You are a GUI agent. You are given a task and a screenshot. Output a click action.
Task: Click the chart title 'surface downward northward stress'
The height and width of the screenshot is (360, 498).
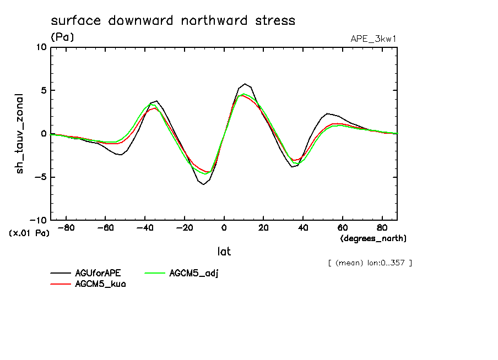coord(173,21)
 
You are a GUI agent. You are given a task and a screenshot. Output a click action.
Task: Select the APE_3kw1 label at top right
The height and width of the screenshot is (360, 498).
coord(373,39)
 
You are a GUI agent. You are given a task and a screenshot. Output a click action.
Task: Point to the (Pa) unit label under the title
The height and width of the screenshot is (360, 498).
coord(62,37)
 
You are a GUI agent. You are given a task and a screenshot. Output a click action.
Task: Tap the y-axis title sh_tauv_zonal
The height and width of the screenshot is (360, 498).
coord(20,133)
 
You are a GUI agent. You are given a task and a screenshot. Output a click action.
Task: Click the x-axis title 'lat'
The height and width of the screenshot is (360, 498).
coord(224,252)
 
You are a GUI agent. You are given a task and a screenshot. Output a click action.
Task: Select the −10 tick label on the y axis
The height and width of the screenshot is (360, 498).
coord(39,220)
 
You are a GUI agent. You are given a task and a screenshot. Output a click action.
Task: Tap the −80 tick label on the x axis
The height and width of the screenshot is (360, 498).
coord(67,227)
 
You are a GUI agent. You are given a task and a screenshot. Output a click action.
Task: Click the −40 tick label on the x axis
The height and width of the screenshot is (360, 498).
coord(145,227)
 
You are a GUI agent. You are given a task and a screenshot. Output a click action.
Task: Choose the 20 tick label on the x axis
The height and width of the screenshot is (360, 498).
coord(263,227)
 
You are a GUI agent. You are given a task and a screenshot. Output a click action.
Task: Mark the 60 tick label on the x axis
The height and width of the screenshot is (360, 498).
coord(342,227)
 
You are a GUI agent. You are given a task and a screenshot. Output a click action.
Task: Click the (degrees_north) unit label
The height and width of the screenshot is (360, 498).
coord(373,238)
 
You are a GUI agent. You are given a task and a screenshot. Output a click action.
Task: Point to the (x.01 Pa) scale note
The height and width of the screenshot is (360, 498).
coord(29,233)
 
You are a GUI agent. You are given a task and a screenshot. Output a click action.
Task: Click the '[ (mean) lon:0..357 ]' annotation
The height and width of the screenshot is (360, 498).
coord(369,263)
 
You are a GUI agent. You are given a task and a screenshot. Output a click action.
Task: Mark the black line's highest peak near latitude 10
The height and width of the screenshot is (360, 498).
coord(245,84)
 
